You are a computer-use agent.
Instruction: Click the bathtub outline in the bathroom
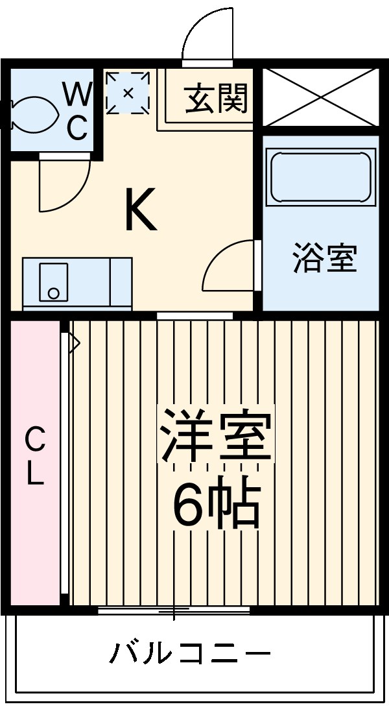(321, 177)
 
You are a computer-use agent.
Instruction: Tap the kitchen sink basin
(54, 282)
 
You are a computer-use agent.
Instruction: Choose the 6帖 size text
(216, 503)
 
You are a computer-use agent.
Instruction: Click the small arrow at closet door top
(74, 341)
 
